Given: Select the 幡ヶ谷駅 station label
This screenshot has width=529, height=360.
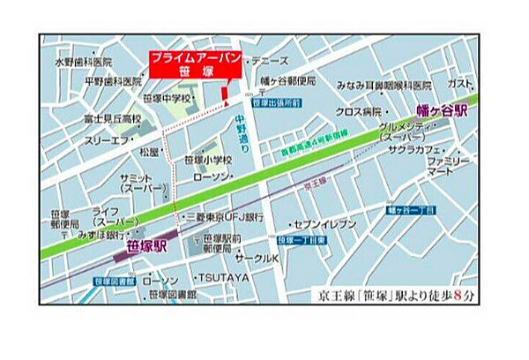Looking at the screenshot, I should click(x=445, y=112).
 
